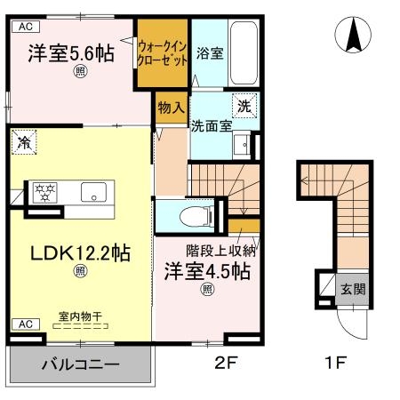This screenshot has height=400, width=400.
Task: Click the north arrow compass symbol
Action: tap(353, 36)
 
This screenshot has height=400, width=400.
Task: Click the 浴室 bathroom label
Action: tap(210, 53)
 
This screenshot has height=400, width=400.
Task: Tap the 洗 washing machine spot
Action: tap(245, 104)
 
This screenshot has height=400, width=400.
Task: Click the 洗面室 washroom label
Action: tap(212, 125)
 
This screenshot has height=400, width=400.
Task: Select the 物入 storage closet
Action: tap(172, 108)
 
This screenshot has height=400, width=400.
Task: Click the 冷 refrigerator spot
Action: tap(24, 141)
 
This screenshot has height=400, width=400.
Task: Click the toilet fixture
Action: tap(190, 215)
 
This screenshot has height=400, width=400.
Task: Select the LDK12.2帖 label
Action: tap(80, 253)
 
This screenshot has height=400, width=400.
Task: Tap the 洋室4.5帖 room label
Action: tap(205, 271)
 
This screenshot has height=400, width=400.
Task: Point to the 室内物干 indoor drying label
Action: tap(79, 316)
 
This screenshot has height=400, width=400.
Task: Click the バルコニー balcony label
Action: tap(79, 364)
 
